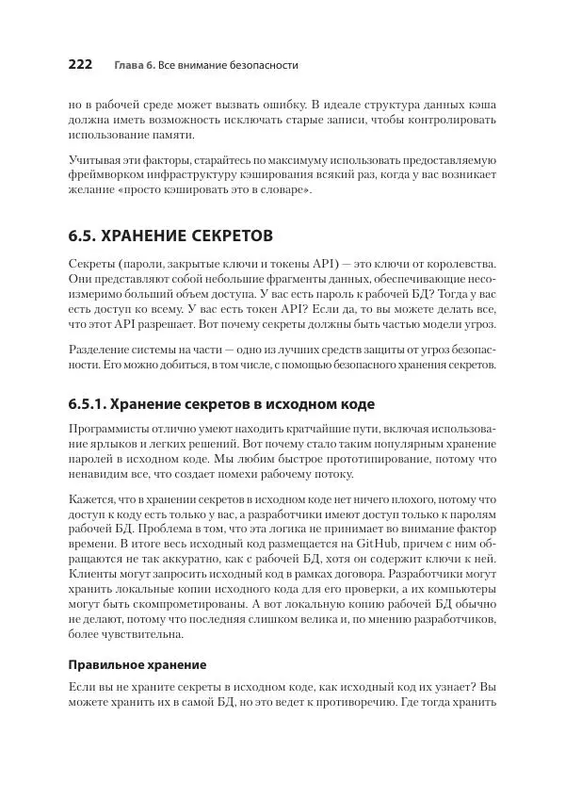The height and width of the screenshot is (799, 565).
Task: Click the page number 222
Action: pos(79,65)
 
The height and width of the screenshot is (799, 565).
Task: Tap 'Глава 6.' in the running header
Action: pos(135,66)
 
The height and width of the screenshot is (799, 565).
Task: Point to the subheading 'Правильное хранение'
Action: pos(137,663)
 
